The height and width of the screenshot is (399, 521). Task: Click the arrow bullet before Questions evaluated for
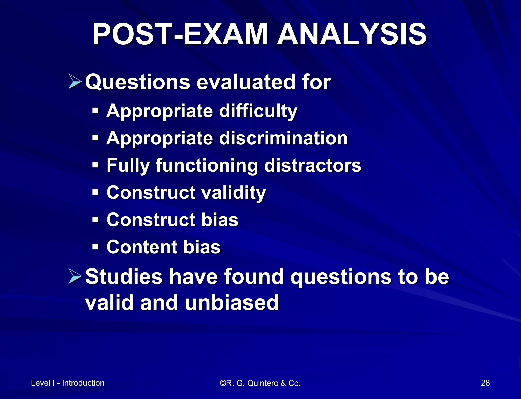(75, 82)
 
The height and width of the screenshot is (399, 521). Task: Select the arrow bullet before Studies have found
(75, 276)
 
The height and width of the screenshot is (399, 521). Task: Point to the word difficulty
(258, 111)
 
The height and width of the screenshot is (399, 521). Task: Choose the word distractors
(313, 165)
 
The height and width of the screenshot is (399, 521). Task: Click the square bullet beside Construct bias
(95, 220)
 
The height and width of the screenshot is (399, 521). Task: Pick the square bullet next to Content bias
(95, 247)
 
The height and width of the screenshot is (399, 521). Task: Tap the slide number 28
(485, 383)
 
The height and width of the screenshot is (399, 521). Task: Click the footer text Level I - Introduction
(68, 383)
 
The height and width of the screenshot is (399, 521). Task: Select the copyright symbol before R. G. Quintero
(223, 383)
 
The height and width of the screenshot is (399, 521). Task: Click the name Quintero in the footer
(263, 383)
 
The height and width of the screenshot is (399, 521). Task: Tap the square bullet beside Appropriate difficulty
(95, 111)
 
